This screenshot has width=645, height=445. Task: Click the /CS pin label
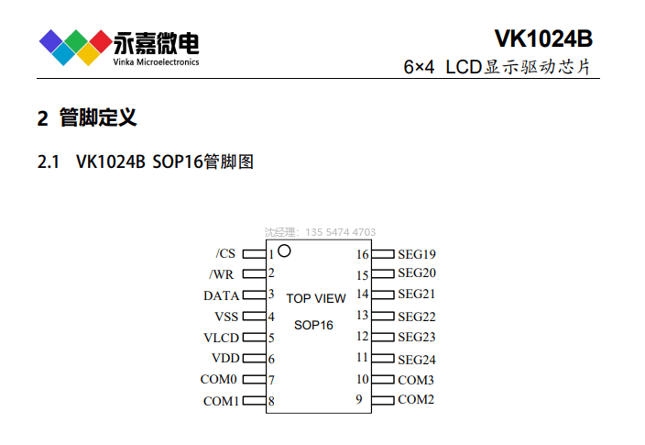click(x=225, y=253)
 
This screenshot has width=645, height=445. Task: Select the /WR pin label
click(x=223, y=273)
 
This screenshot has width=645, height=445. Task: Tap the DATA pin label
click(x=221, y=295)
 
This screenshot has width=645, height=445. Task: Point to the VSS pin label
click(x=225, y=317)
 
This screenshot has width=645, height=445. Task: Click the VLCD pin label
click(x=221, y=338)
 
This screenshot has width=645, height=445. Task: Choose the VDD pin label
click(x=224, y=358)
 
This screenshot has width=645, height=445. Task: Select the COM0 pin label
click(x=219, y=379)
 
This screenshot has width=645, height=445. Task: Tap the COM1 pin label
click(x=221, y=401)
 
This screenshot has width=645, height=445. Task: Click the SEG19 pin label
click(x=417, y=254)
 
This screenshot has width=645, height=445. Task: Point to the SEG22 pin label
click(x=417, y=317)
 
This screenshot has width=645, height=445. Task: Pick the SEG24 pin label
click(x=417, y=360)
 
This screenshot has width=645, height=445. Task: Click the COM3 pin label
click(x=416, y=380)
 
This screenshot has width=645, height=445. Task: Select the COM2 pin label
click(x=416, y=399)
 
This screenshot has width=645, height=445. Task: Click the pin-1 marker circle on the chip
click(x=284, y=250)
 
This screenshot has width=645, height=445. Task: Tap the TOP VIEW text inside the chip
click(x=316, y=298)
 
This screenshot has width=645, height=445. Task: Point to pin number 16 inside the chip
click(x=363, y=254)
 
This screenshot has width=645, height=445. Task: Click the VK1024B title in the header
click(x=543, y=39)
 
